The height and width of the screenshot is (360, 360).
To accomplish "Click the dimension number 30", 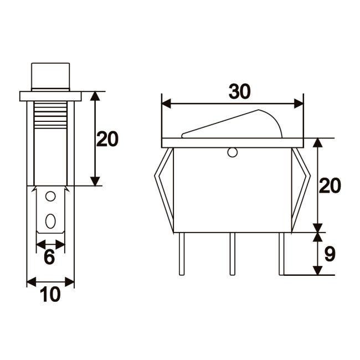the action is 239,92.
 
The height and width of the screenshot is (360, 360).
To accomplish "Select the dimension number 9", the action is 330,254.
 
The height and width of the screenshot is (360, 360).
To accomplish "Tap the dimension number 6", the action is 49,256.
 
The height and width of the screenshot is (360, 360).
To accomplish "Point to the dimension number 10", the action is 50,295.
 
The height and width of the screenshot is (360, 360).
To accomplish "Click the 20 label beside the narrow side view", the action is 107,139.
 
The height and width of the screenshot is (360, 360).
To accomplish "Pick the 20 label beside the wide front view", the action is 330,186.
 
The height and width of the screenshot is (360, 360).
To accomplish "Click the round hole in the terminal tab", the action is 50,196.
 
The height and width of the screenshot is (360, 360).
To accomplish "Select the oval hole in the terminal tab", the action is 50,221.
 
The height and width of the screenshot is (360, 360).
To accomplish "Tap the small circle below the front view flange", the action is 232,153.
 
